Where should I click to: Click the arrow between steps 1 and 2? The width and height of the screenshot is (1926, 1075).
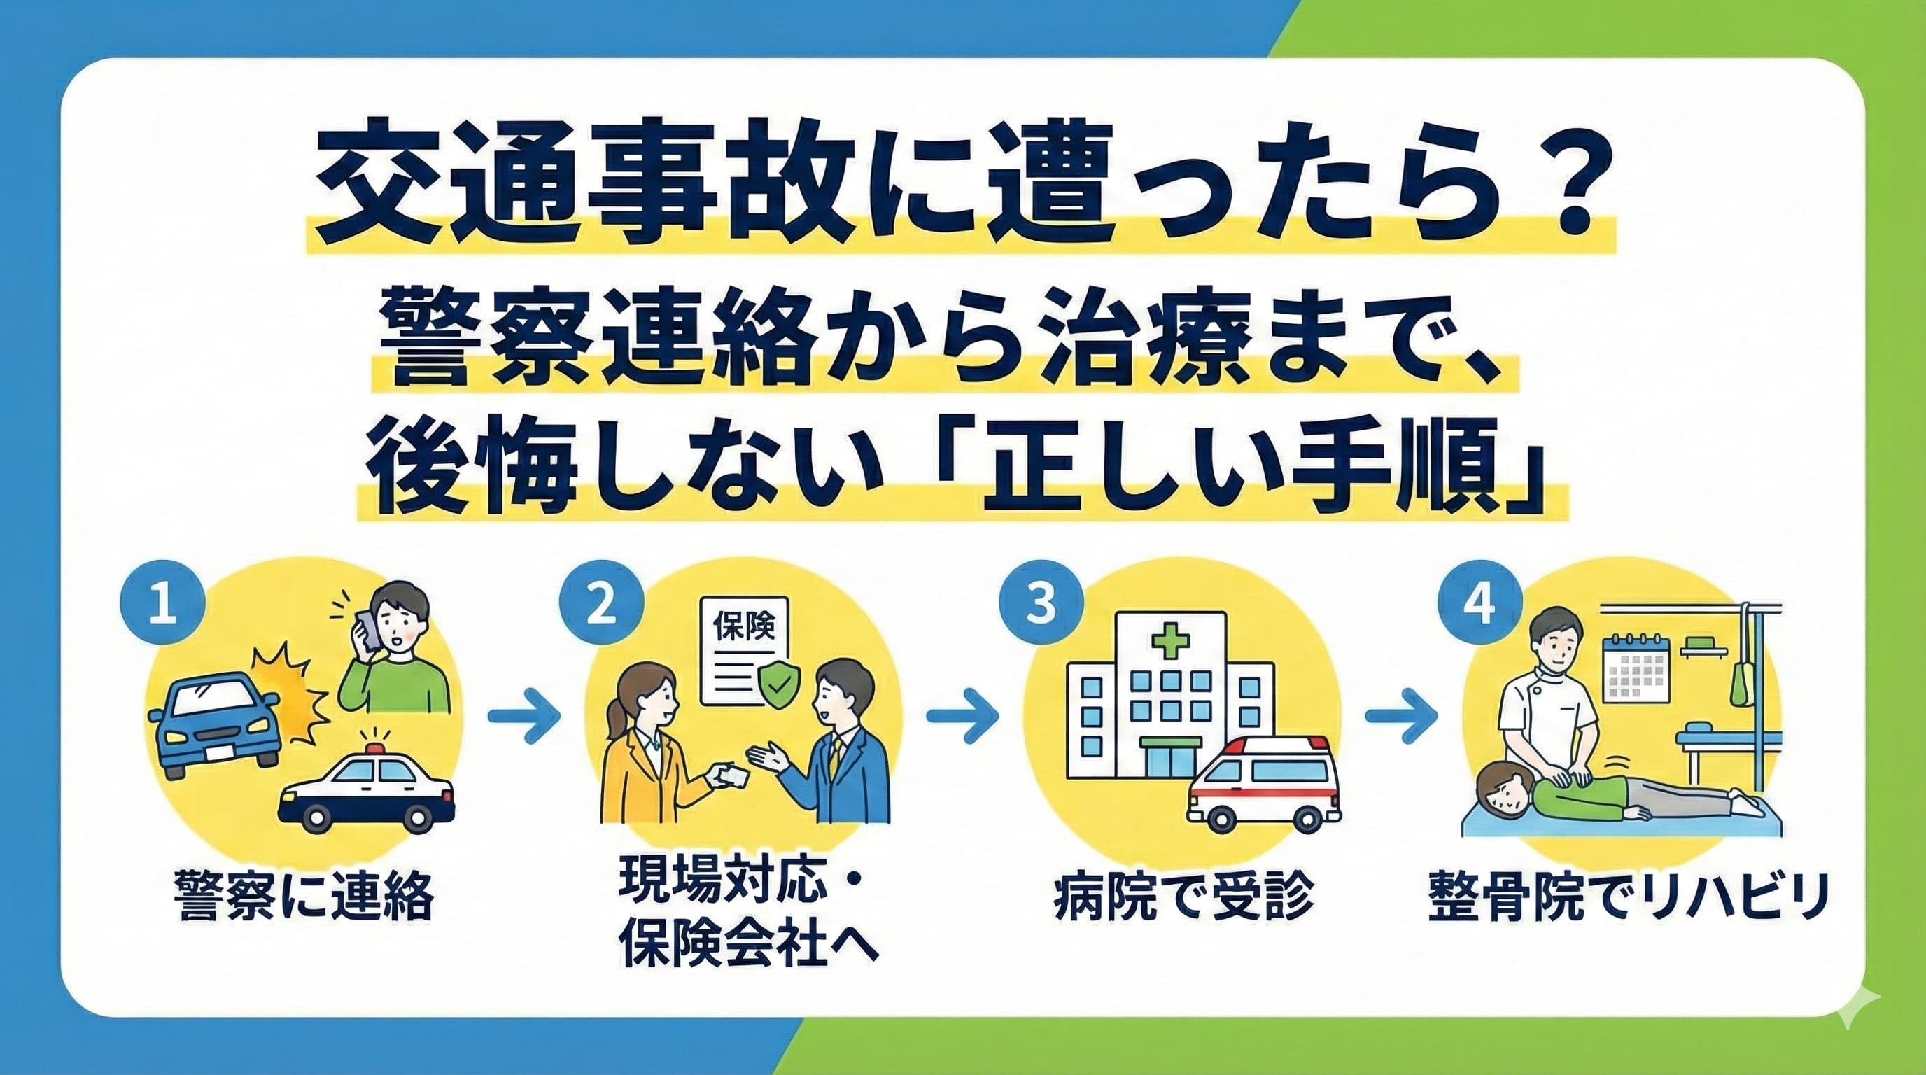(524, 715)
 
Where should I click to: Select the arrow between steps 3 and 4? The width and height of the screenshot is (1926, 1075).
(1402, 715)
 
